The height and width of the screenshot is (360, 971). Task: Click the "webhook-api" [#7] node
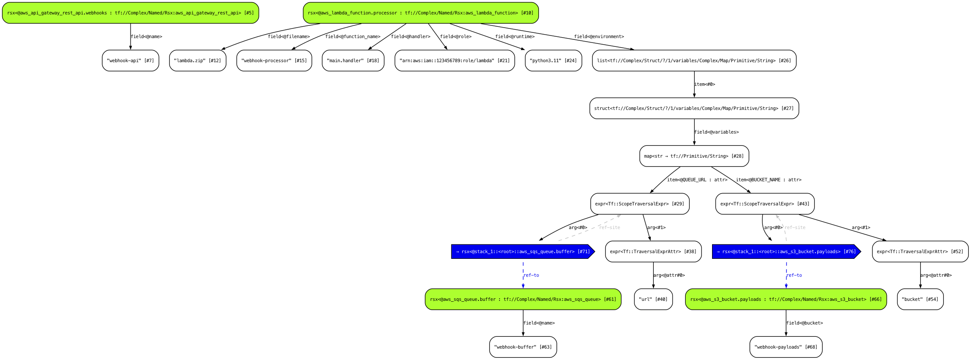click(130, 60)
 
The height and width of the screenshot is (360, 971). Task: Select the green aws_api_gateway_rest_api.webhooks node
click(130, 13)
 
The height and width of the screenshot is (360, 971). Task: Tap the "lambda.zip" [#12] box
click(198, 60)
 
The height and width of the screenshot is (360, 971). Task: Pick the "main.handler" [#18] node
click(353, 60)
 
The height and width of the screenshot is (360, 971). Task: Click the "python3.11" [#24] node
click(553, 60)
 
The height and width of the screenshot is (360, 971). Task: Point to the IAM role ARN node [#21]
click(454, 60)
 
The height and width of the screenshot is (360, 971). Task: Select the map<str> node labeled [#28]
click(694, 156)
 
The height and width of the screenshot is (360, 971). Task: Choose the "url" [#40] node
click(653, 299)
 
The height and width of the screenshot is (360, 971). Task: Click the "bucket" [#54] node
click(920, 299)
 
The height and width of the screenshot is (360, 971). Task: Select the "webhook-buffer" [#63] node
click(523, 347)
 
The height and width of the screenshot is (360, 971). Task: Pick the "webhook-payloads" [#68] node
click(786, 347)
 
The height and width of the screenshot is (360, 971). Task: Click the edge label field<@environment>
click(599, 36)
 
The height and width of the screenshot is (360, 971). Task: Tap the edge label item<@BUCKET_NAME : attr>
click(769, 180)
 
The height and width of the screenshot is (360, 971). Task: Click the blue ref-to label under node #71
click(531, 275)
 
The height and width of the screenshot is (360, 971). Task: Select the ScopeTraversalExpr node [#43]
click(765, 204)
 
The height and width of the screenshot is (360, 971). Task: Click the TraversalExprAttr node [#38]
click(653, 251)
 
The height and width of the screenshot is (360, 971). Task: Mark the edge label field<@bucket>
click(804, 323)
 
